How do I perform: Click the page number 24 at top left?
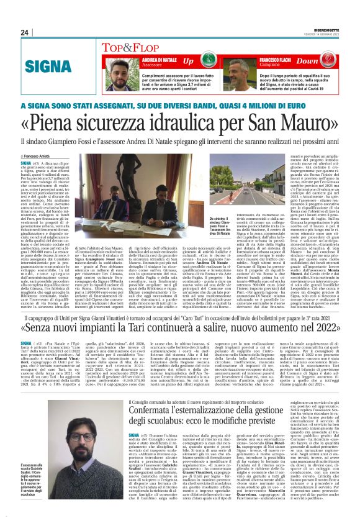[x=25, y=32]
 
